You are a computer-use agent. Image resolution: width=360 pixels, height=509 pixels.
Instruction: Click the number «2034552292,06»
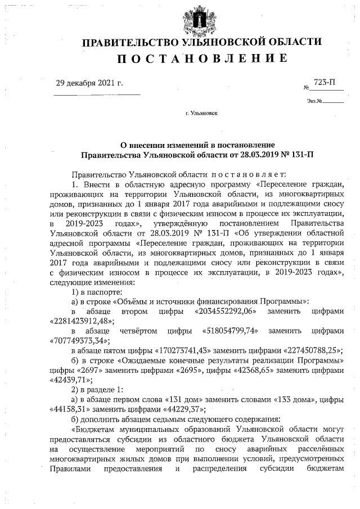(225, 311)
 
